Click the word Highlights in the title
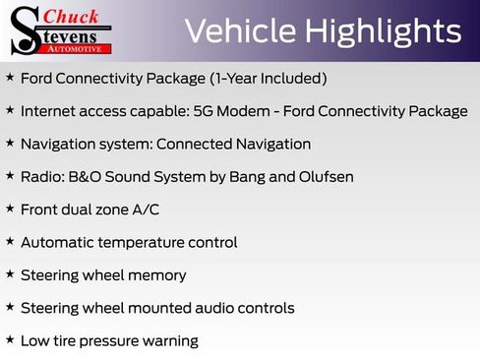[386, 31]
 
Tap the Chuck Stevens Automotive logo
[61, 30]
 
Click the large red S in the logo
[24, 30]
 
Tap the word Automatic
[58, 242]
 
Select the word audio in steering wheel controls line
[209, 308]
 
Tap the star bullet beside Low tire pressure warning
[10, 339]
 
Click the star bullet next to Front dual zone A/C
[10, 209]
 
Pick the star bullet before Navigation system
[10, 143]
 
